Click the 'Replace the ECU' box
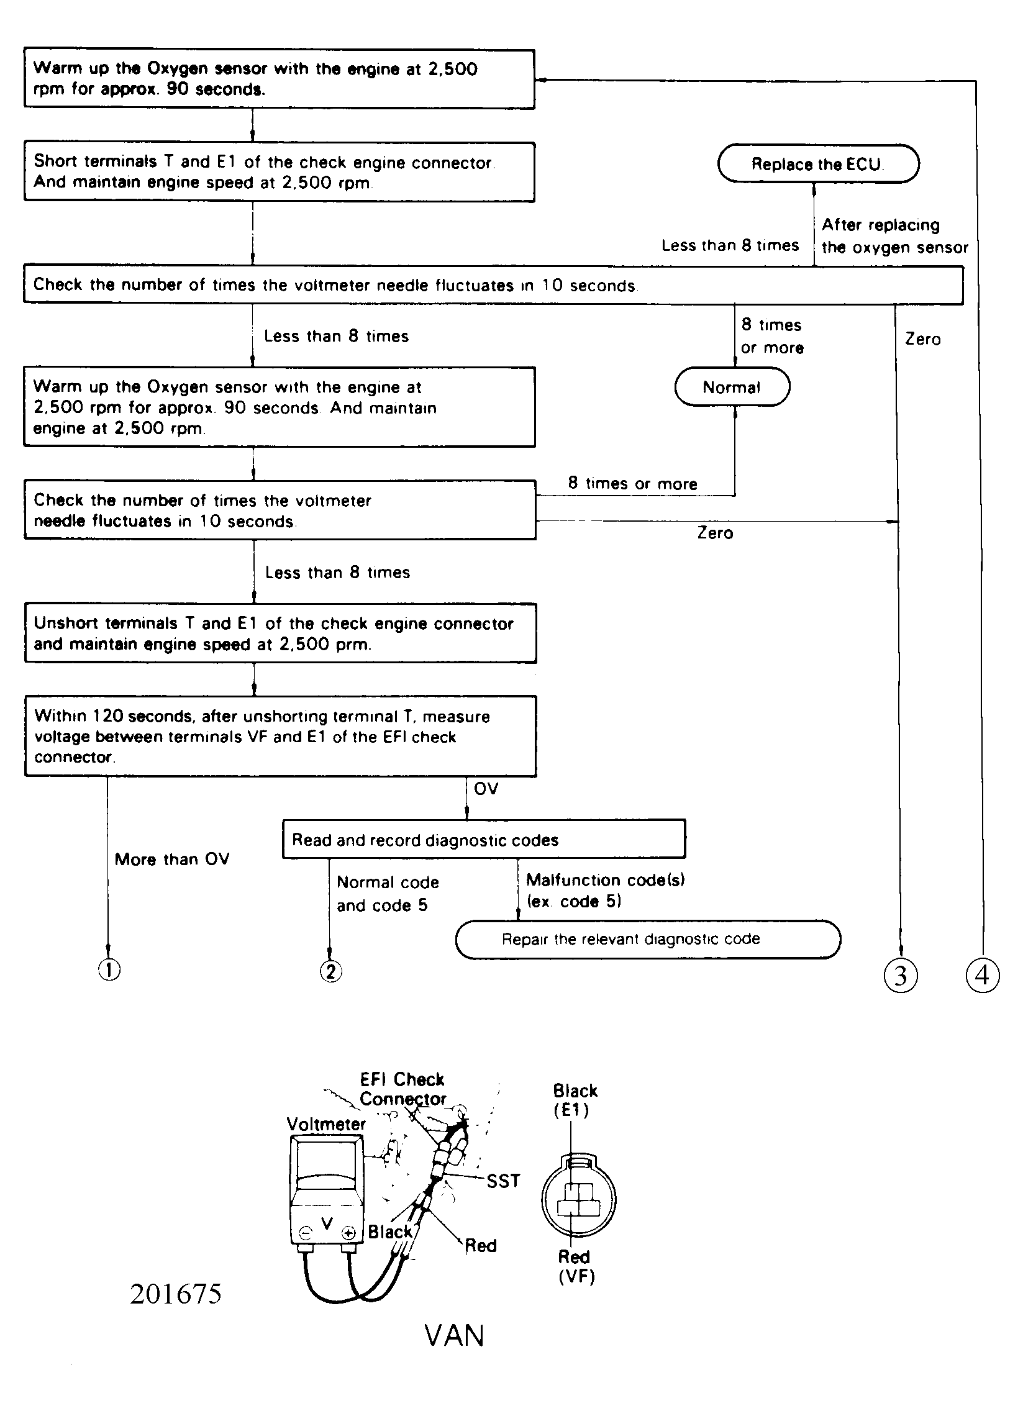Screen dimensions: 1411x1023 (817, 163)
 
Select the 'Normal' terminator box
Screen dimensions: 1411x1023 (732, 387)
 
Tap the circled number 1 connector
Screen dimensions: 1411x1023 (109, 970)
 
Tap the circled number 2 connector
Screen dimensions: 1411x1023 (330, 971)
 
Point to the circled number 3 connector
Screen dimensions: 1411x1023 (901, 975)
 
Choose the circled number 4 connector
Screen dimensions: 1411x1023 (982, 975)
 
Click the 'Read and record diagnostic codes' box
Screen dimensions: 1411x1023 (483, 840)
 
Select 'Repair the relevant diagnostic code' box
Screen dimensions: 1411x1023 (648, 939)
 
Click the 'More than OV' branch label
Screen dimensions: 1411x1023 (172, 859)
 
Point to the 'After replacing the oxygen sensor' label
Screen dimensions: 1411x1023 (894, 236)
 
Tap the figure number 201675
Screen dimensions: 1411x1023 (176, 1294)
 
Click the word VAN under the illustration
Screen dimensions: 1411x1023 (454, 1336)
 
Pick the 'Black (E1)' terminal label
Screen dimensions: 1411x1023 (575, 1100)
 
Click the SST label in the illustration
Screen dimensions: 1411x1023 (502, 1180)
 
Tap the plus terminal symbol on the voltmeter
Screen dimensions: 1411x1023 (349, 1232)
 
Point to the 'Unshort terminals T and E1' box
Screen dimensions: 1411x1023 (280, 633)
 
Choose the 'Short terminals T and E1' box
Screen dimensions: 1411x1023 (279, 171)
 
